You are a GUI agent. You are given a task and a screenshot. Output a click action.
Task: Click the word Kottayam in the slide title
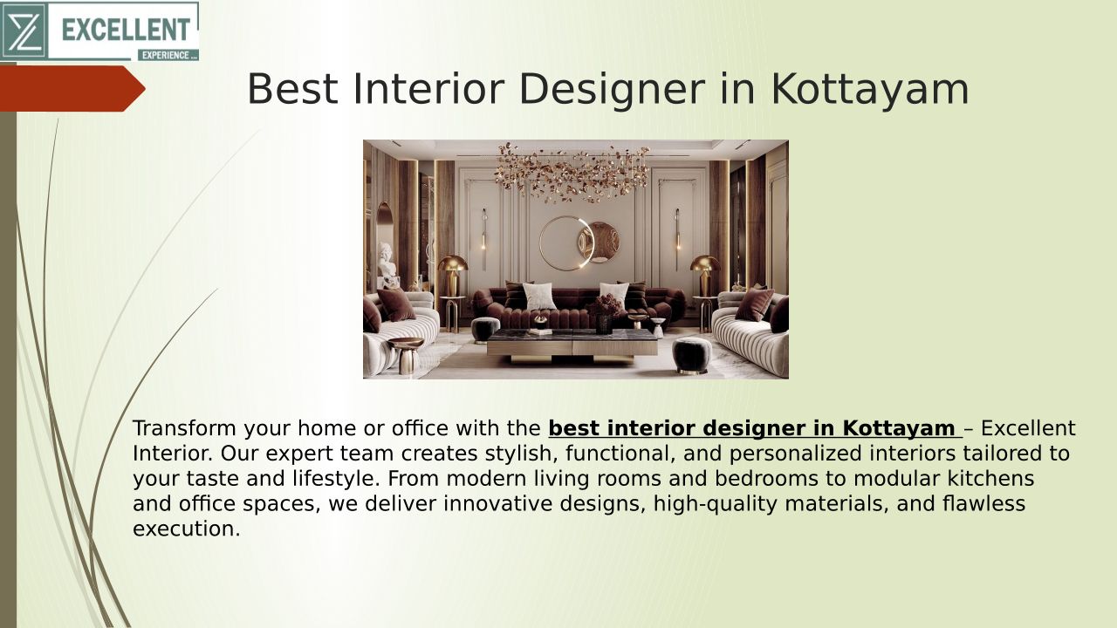870,89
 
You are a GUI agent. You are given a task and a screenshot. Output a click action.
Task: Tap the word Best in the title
292,89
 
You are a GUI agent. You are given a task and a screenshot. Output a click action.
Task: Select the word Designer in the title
612,89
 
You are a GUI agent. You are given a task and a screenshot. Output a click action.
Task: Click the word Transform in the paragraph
184,428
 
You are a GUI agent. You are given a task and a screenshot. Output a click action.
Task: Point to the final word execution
187,529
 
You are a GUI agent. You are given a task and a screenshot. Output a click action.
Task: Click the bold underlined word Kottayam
899,428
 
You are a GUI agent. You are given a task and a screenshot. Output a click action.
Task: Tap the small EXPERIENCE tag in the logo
168,55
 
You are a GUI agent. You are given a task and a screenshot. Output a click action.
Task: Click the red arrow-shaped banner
72,89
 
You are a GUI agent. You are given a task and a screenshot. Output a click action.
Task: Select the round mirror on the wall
566,243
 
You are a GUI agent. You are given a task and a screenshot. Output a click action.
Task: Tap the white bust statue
387,260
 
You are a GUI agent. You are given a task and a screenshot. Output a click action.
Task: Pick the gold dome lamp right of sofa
705,276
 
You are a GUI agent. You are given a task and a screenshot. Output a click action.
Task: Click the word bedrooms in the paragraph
766,479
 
